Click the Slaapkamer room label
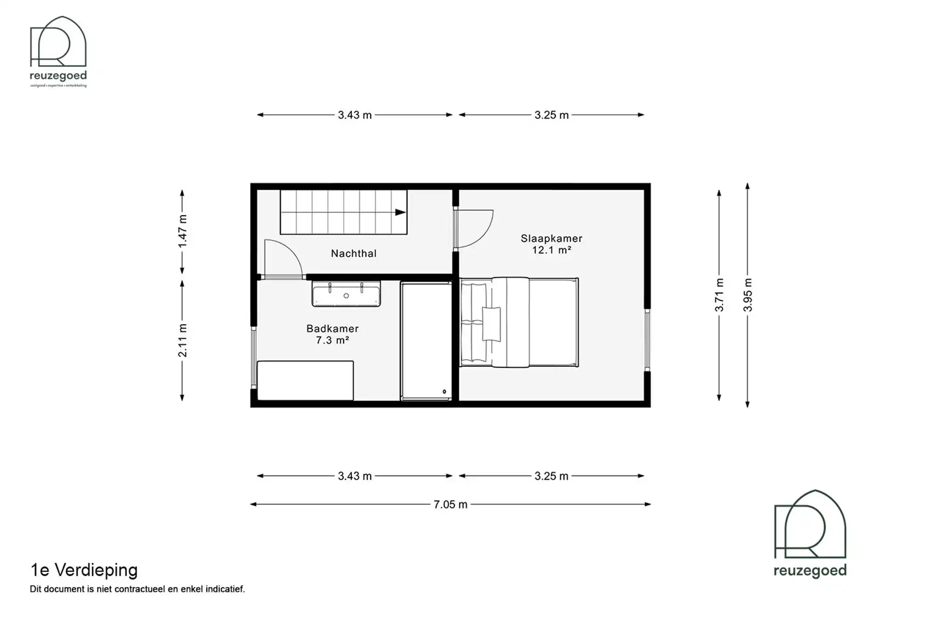pos(551,239)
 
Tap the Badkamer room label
pos(332,329)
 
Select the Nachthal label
pos(353,253)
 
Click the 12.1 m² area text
pos(551,250)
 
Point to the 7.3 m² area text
pos(332,340)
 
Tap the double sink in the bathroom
pos(346,294)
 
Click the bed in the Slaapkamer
pos(518,322)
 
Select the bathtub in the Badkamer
pos(306,380)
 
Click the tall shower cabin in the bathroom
pos(426,341)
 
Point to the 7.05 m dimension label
pos(450,505)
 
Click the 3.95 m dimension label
pos(747,295)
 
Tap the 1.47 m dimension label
pos(182,231)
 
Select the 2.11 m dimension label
pos(182,340)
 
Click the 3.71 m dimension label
pos(719,295)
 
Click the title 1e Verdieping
pos(84,570)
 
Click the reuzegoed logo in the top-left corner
pos(58,51)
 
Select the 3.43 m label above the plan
pos(355,115)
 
